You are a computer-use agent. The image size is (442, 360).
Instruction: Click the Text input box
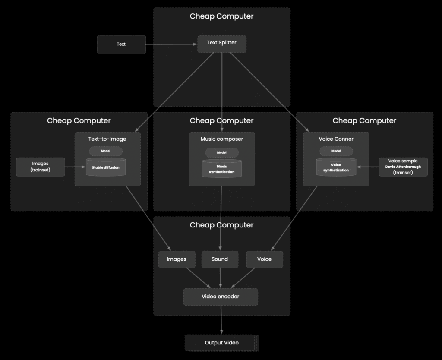pyautogui.click(x=121, y=44)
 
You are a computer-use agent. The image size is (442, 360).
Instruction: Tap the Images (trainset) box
pyautogui.click(x=40, y=167)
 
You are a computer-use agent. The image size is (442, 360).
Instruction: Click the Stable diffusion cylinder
pyautogui.click(x=106, y=167)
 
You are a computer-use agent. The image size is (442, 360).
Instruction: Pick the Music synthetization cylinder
pyautogui.click(x=222, y=168)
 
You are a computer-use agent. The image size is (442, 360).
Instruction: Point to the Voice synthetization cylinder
pyautogui.click(x=336, y=167)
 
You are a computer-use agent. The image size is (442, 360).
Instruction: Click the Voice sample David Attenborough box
pyautogui.click(x=403, y=167)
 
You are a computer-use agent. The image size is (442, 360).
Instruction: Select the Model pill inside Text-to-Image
pyautogui.click(x=106, y=151)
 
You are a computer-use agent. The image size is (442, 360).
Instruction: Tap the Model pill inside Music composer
pyautogui.click(x=222, y=152)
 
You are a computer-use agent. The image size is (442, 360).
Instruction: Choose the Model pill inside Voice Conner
pyautogui.click(x=336, y=151)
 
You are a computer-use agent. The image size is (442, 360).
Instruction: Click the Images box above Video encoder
pyautogui.click(x=177, y=259)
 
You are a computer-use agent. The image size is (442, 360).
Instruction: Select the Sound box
pyautogui.click(x=220, y=259)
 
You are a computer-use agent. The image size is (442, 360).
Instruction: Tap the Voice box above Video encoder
pyautogui.click(x=264, y=259)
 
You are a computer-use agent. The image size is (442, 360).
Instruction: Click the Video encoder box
pyautogui.click(x=221, y=297)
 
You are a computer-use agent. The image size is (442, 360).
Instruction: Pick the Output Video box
pyautogui.click(x=222, y=343)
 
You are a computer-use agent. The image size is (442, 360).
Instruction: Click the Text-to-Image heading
pyautogui.click(x=107, y=139)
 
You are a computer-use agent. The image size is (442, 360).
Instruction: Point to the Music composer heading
pyautogui.click(x=222, y=139)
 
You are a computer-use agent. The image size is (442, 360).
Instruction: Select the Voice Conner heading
pyautogui.click(x=336, y=139)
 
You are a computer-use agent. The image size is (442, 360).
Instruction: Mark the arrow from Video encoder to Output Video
pyautogui.click(x=222, y=319)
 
